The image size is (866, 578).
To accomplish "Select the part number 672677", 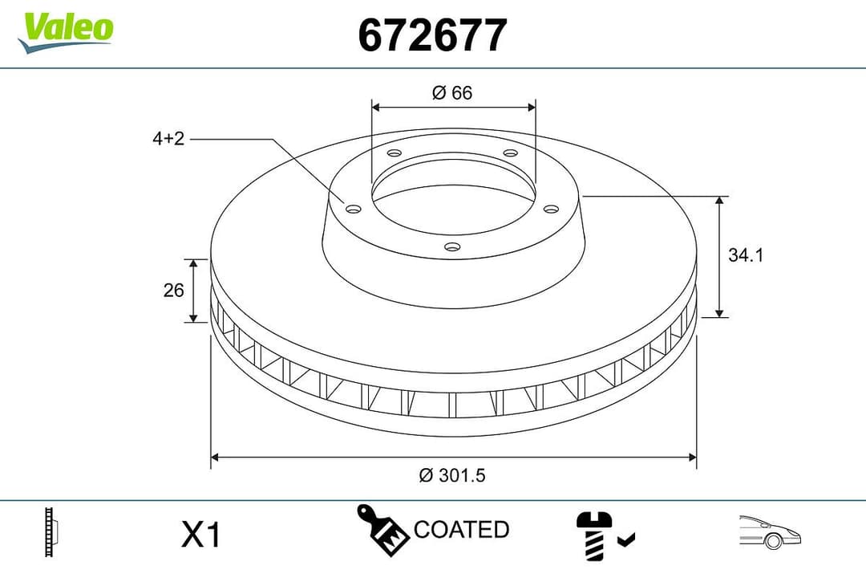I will pos(432,35).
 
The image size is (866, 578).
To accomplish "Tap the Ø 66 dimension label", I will pos(452,93).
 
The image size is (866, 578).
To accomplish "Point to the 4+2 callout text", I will pos(168,139).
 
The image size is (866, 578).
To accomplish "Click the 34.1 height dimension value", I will pos(745,255).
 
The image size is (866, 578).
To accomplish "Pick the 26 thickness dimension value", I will pos(174,291).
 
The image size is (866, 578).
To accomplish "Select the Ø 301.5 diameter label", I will pos(452,475).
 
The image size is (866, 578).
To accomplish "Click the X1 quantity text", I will pos(200,535).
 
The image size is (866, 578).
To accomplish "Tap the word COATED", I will pos(461,530).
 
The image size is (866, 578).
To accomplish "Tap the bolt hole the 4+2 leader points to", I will pos(352,209).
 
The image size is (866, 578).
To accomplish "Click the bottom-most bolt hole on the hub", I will pos(452,246).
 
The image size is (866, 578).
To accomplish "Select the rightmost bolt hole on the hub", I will pos(550,209).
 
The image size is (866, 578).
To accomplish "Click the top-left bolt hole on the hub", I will pos(393,153).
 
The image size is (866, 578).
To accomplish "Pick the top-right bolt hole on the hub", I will pos(510,153).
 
